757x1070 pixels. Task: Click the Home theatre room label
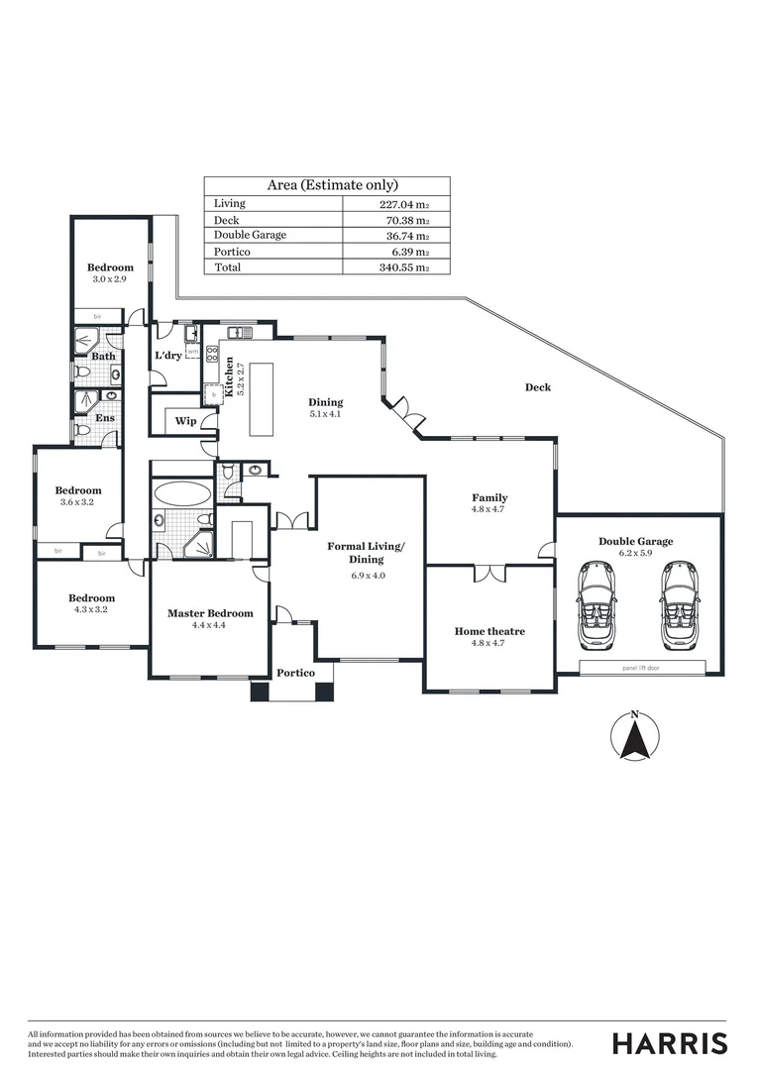[489, 631]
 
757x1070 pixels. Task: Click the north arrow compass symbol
[635, 737]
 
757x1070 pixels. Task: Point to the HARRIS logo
[670, 1043]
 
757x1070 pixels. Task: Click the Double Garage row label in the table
[251, 236]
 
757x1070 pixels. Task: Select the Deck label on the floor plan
[538, 387]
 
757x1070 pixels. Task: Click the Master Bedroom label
[210, 613]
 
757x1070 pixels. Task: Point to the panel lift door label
[643, 669]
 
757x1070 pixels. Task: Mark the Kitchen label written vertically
[230, 377]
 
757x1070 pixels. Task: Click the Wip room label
[185, 421]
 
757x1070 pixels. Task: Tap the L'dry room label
[167, 356]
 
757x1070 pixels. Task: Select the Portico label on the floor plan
[295, 674]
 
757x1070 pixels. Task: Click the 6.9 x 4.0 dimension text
[366, 575]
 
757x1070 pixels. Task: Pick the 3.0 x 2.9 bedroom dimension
[110, 280]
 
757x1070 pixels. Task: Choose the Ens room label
[103, 419]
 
